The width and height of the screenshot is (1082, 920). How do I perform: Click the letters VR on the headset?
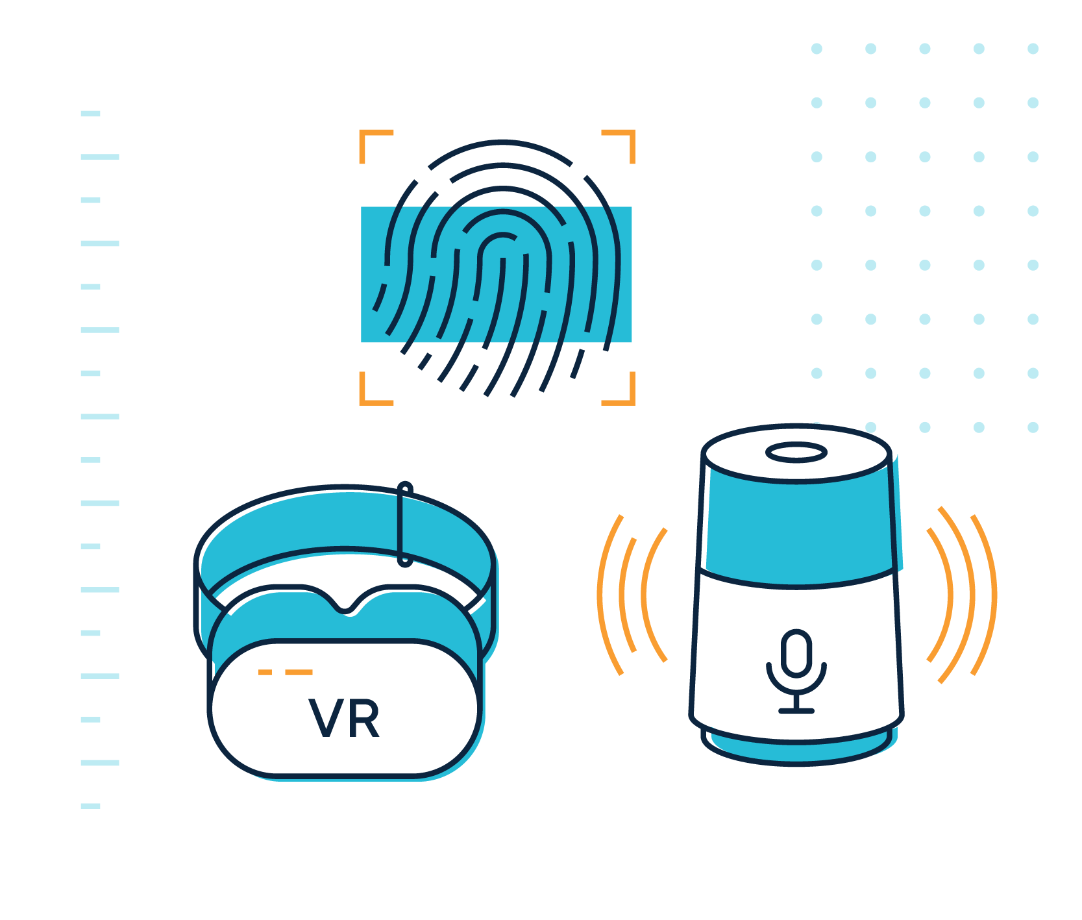click(x=344, y=719)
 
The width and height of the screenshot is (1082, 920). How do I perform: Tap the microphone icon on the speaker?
click(x=796, y=669)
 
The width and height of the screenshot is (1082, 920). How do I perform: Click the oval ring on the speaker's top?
click(x=796, y=453)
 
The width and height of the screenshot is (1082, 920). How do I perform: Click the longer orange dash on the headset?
click(x=299, y=672)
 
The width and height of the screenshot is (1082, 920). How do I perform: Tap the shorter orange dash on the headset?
click(x=265, y=672)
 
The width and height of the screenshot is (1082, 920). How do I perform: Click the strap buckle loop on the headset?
click(x=404, y=523)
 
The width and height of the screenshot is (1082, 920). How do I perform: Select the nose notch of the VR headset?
click(x=348, y=607)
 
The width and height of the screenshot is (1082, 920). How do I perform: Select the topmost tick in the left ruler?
click(x=90, y=114)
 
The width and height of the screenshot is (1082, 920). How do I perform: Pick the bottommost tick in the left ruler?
click(x=90, y=806)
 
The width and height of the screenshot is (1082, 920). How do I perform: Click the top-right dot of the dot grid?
click(x=1033, y=49)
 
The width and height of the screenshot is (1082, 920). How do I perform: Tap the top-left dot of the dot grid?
click(x=817, y=49)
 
